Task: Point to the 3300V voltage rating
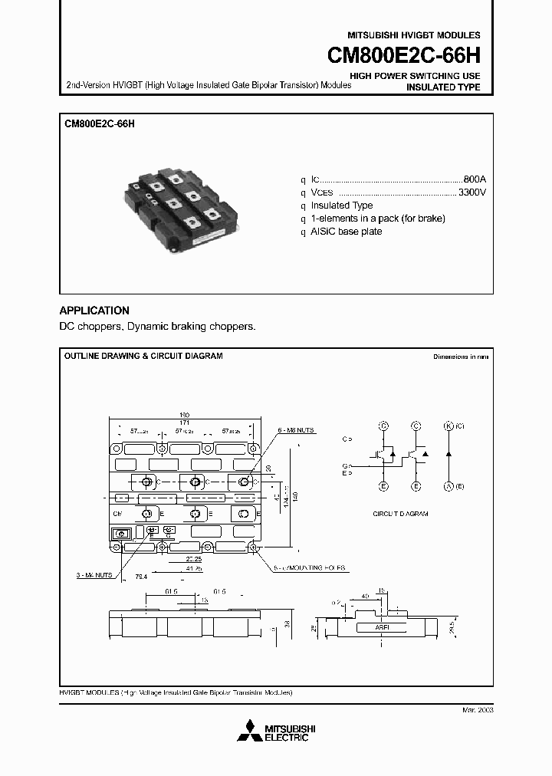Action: point(472,191)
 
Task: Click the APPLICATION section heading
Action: point(94,311)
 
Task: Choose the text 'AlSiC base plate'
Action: point(346,232)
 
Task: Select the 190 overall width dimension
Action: point(185,414)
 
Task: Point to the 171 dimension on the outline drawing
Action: point(185,423)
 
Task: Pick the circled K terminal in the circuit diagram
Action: point(449,425)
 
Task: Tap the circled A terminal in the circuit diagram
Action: point(449,486)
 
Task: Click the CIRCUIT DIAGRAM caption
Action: point(400,514)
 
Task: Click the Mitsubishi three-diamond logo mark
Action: point(249,733)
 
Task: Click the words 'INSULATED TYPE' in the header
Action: point(442,87)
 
